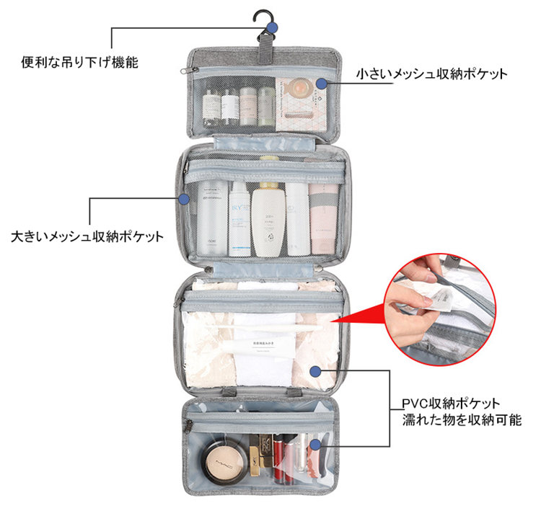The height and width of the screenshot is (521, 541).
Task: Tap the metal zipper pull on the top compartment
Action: (188, 70)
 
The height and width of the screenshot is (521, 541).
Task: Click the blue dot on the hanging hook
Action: (272, 28)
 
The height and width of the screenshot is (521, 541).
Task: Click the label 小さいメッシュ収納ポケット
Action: (432, 74)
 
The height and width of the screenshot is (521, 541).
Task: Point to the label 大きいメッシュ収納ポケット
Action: (87, 236)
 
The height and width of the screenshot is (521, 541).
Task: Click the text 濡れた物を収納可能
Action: (462, 419)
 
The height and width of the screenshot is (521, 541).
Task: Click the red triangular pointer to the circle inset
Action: (361, 315)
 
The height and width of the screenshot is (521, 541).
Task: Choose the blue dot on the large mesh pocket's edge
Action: (183, 198)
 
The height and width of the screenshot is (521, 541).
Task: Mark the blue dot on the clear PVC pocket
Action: (315, 370)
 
